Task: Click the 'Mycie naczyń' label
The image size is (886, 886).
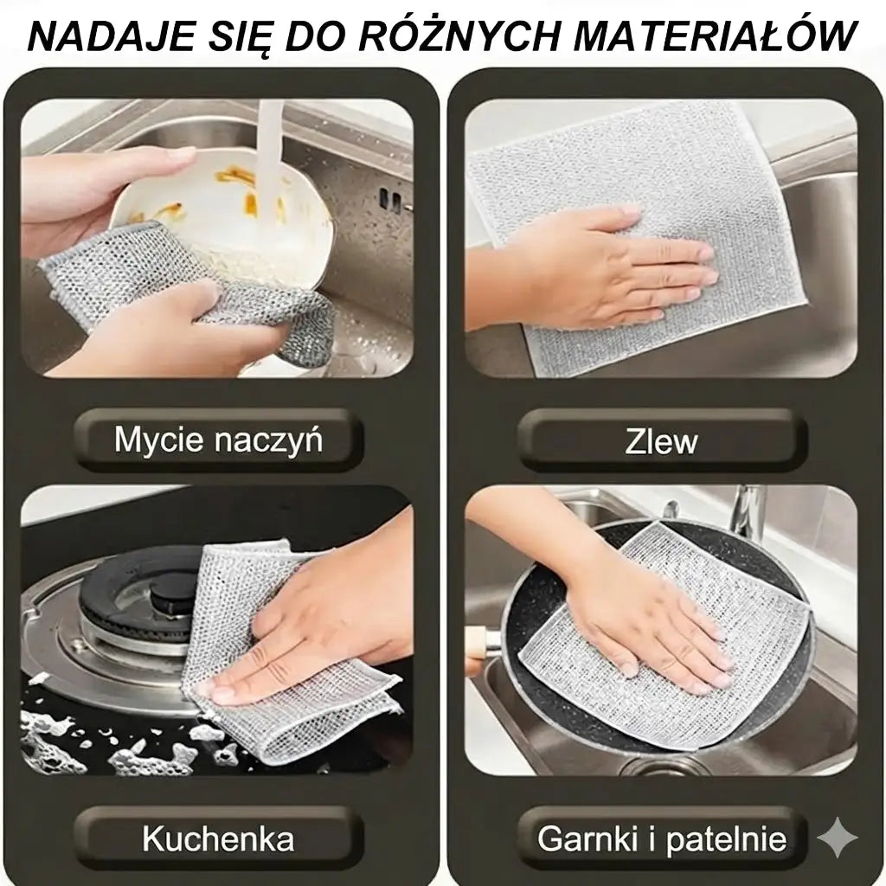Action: (218, 440)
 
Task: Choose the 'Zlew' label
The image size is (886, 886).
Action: (660, 441)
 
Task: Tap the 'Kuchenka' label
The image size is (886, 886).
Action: (217, 838)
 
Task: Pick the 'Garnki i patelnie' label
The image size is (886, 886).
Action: (662, 838)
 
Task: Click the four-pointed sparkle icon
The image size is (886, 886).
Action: (837, 838)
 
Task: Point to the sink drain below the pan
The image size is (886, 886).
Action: (666, 766)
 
